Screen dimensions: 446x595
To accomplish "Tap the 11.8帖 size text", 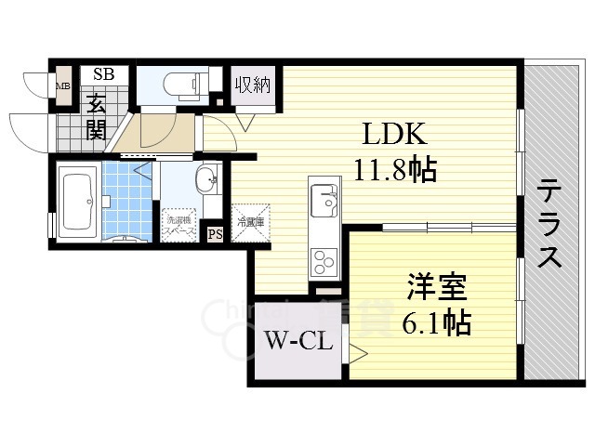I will (395, 170).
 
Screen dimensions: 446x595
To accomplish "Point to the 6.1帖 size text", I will (437, 324).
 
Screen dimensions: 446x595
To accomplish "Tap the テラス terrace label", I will (549, 224).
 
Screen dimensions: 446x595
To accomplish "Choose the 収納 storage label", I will (252, 84).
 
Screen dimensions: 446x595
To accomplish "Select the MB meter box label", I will (63, 88).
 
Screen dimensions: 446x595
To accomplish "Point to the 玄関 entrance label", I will (96, 116).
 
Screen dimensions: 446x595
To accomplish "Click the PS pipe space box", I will (215, 233).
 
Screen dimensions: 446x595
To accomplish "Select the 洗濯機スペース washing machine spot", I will (180, 224).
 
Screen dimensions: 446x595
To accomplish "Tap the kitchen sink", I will (324, 198).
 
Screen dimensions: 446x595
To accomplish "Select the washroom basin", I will (206, 179).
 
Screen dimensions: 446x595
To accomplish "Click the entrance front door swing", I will (28, 130).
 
